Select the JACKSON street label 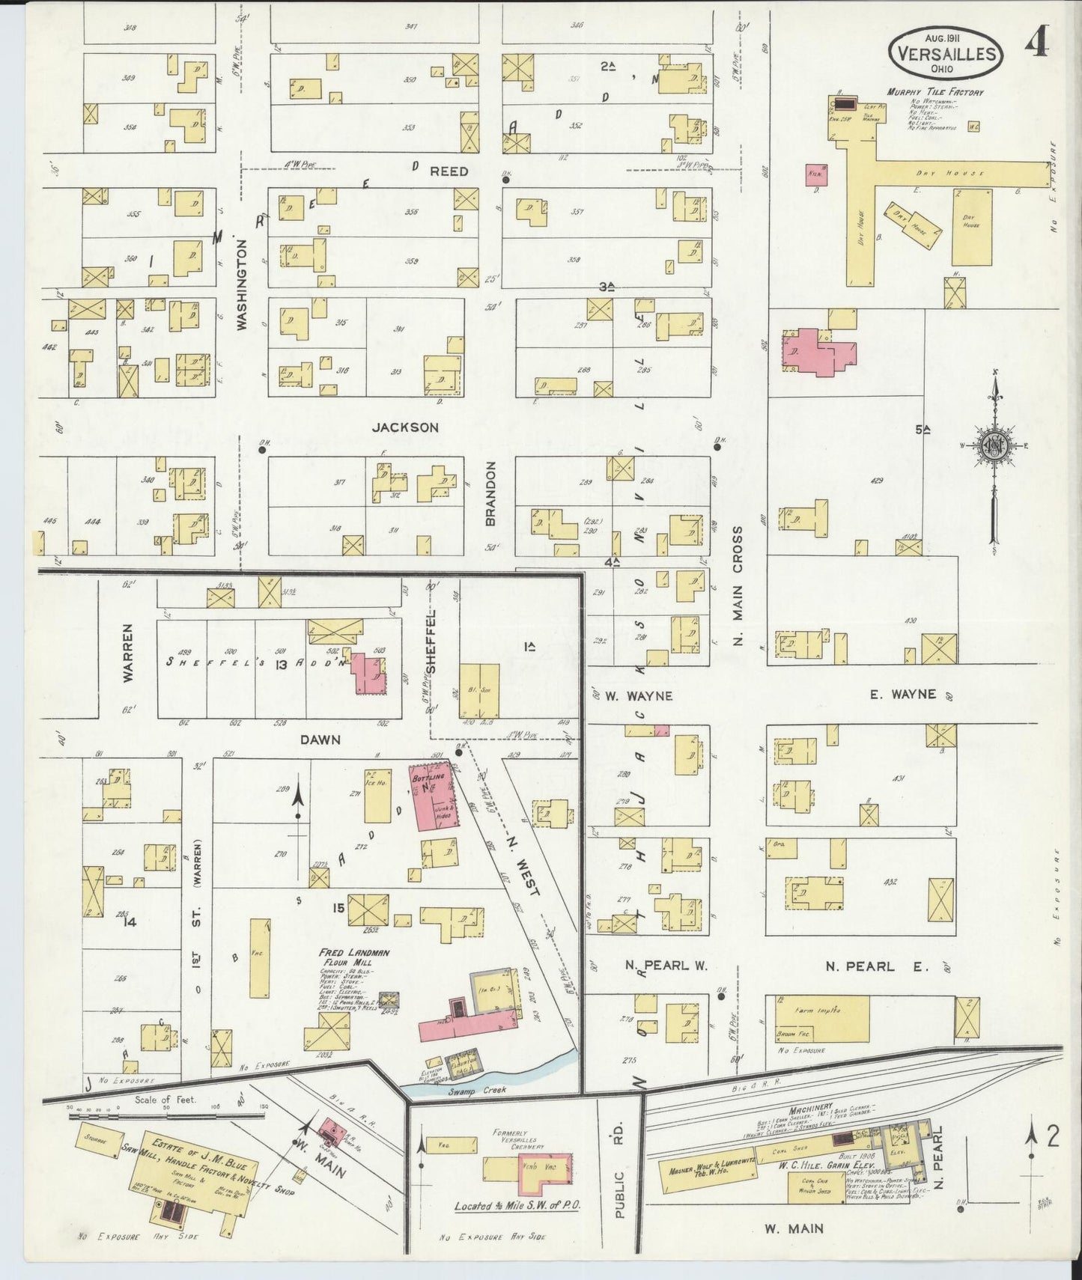click(405, 427)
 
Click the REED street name click(449, 171)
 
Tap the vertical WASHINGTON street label click(242, 284)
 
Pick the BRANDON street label click(490, 493)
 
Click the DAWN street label click(320, 740)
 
